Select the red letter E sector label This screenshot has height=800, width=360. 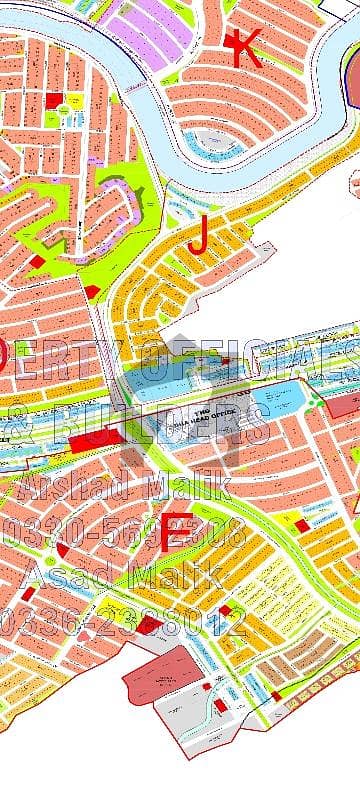tap(175, 531)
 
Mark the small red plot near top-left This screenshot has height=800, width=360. tap(53, 102)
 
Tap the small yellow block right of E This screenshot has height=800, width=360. tap(299, 521)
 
